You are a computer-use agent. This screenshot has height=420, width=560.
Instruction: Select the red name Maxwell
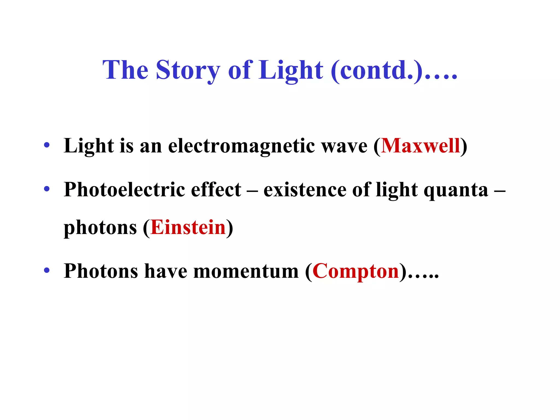point(421,146)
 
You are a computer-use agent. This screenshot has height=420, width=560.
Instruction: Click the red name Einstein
point(188,227)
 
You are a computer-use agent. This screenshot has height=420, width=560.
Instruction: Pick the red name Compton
point(356,271)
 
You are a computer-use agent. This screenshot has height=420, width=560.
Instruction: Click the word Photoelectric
point(124,189)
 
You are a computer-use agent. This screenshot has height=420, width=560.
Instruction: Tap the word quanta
point(456,190)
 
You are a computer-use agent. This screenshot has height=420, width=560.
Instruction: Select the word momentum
point(246,271)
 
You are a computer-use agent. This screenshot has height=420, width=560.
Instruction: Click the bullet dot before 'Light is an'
point(47,145)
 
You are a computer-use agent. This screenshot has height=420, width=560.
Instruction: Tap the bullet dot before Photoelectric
point(47,189)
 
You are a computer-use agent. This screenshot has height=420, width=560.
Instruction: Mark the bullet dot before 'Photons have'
point(47,270)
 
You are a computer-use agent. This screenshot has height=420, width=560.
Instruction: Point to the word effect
point(216,189)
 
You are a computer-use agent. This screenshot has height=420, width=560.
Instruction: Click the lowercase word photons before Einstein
point(100,228)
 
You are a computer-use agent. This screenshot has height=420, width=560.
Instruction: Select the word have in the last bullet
point(166,271)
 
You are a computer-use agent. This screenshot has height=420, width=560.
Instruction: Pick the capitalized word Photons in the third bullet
point(101,271)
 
